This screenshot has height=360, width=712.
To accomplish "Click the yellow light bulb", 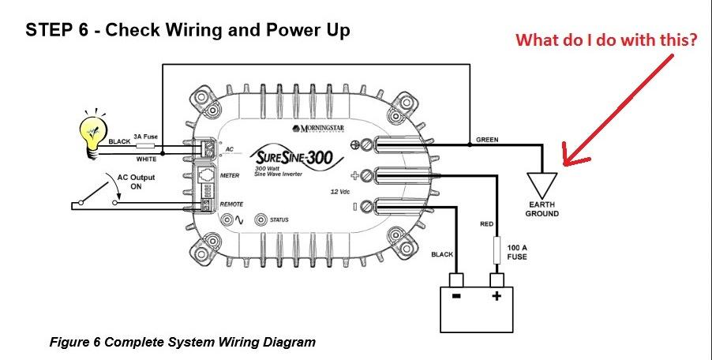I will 93,131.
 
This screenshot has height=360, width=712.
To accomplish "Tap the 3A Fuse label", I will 146,137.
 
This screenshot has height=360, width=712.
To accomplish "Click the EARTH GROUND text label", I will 542,209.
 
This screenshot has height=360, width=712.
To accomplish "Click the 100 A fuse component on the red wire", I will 497,252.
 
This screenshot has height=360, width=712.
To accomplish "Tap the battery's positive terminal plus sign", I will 497,296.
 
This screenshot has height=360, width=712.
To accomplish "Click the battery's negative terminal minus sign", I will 455,296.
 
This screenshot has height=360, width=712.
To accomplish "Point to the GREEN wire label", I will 487,140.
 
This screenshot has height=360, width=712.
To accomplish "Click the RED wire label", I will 487,224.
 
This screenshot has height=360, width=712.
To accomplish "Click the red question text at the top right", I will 606,41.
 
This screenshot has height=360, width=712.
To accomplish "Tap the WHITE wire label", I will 146,159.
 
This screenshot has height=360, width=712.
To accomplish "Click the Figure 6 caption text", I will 182,343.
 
